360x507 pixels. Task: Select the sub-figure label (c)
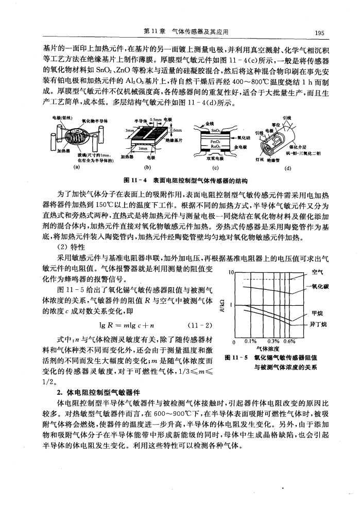coord(216,167)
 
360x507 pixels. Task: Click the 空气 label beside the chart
coord(318,273)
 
